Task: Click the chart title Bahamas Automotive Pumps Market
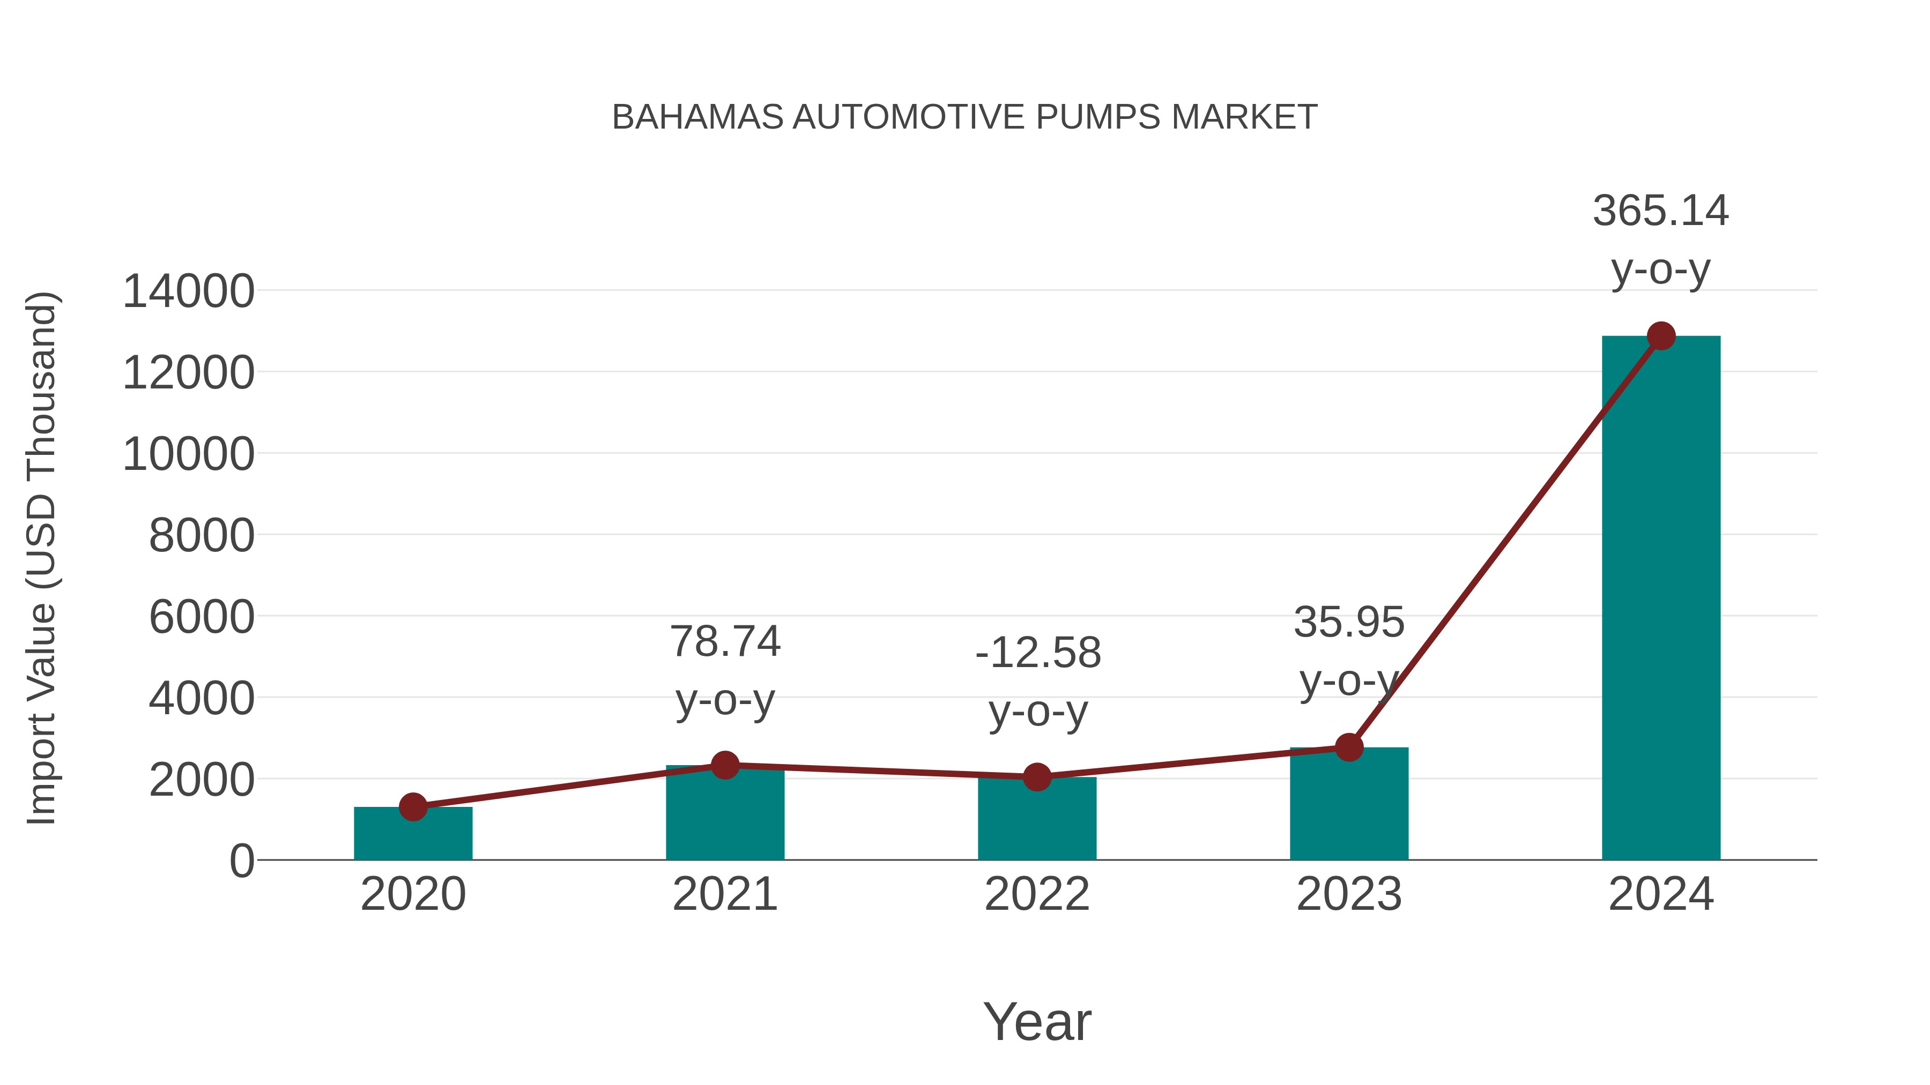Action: coord(964,117)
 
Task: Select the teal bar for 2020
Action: coord(413,834)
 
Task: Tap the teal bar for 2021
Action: coord(724,816)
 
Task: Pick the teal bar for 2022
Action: coord(1037,821)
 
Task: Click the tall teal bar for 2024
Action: coord(1661,599)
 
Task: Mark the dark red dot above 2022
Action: coord(1037,777)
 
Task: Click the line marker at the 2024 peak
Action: coord(1661,336)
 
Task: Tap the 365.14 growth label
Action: coord(1660,211)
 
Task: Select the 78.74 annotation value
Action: coord(724,642)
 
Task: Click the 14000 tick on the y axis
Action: coord(188,291)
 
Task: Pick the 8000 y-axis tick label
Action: coord(202,536)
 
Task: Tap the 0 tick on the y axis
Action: coord(242,861)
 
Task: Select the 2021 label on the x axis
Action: coord(724,894)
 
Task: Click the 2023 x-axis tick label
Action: coord(1349,894)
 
